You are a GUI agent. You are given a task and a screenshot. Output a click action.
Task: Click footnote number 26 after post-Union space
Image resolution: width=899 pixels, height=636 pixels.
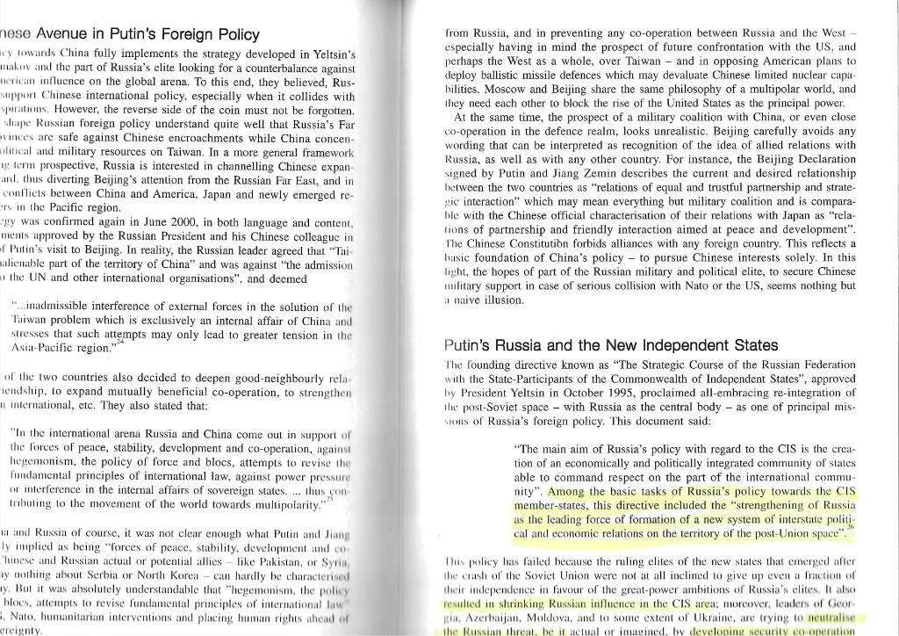[x=850, y=527]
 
